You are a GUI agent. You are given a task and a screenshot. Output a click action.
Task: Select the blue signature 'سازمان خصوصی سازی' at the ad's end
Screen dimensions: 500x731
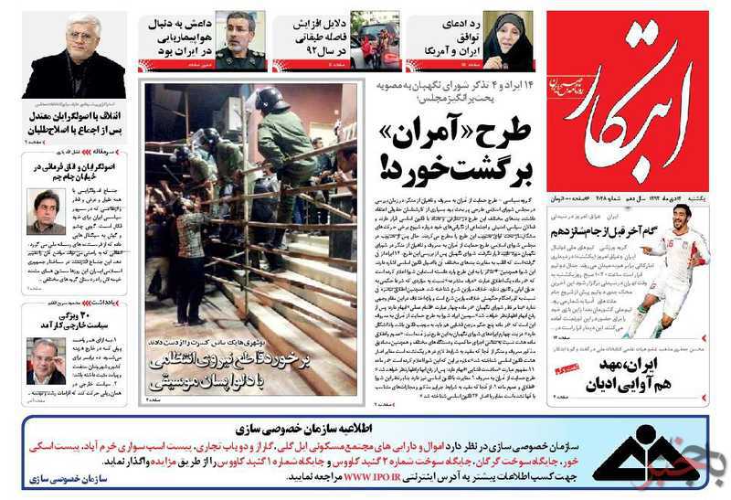[x=78, y=479]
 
